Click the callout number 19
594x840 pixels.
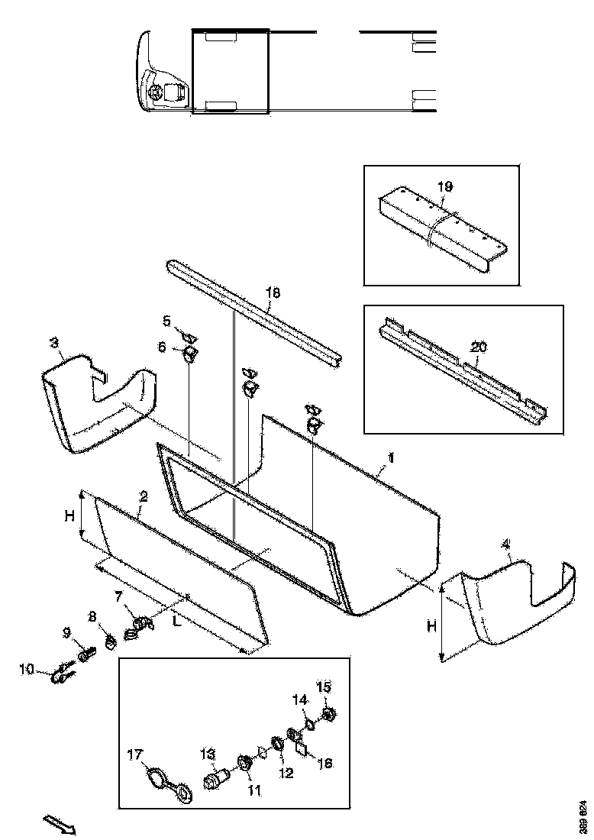tap(445, 186)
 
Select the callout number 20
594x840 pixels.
tap(478, 347)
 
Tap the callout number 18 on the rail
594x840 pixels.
tap(273, 292)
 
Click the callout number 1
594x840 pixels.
tap(390, 457)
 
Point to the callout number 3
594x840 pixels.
tap(55, 343)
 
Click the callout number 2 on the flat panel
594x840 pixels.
tap(143, 496)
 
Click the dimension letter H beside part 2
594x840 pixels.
tap(68, 515)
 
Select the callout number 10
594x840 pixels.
tap(27, 670)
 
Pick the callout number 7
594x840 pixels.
tap(118, 595)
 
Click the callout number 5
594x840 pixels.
tap(166, 320)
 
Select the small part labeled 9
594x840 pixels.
tap(84, 654)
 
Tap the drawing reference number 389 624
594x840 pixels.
tap(583, 816)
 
